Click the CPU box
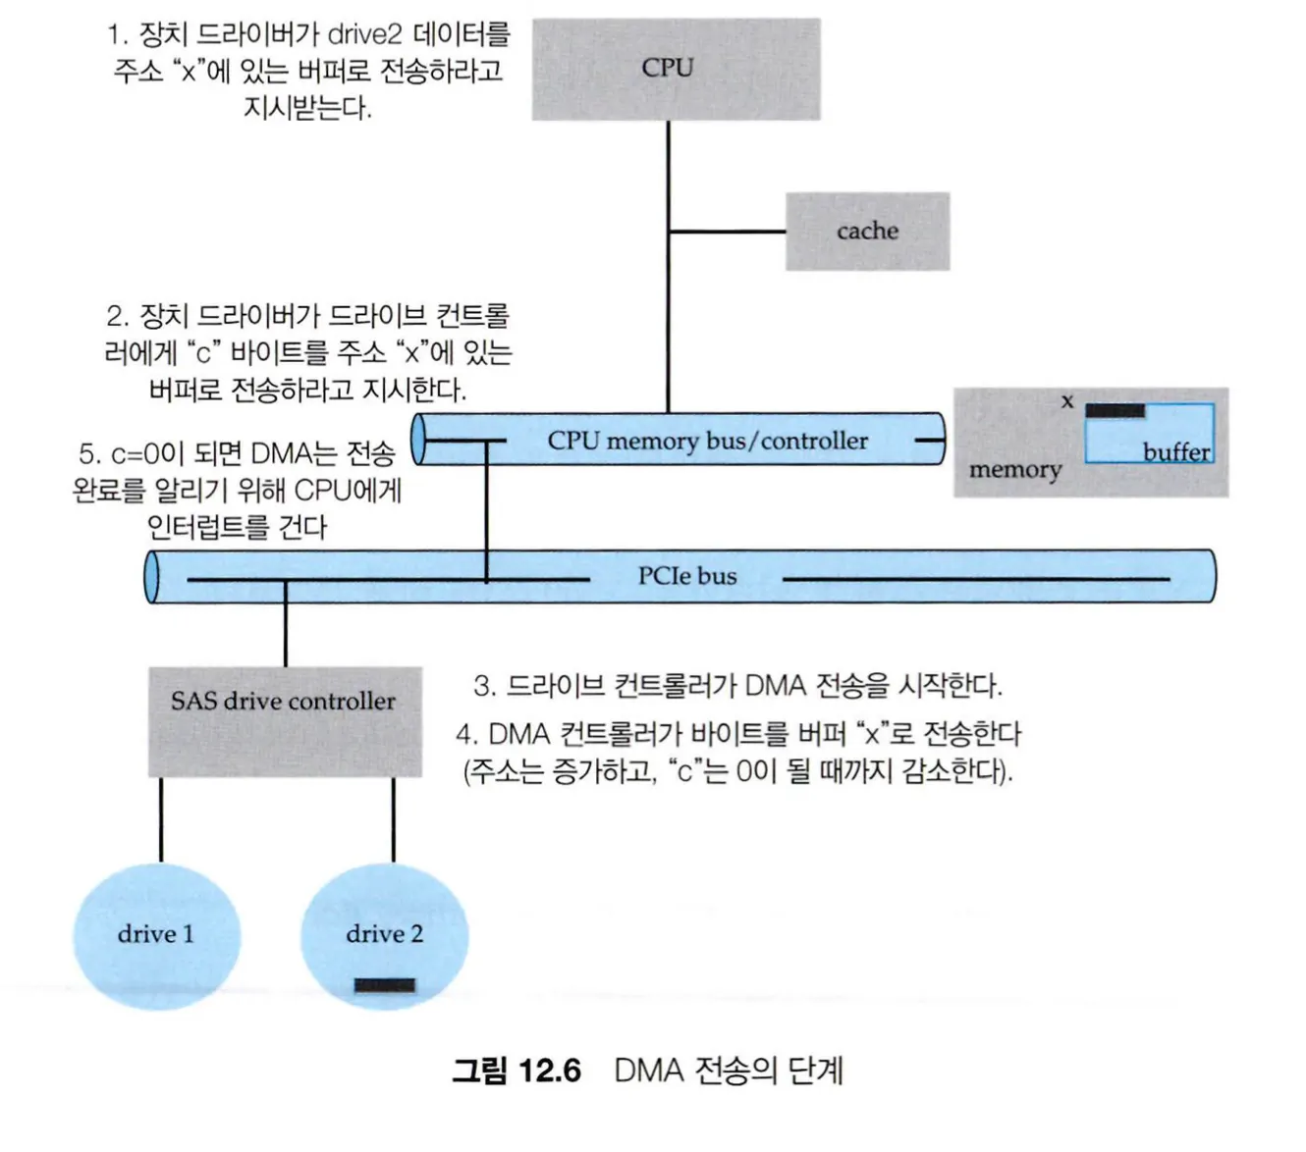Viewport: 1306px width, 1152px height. (676, 69)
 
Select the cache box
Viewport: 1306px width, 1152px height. (867, 232)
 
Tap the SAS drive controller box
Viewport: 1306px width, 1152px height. (285, 721)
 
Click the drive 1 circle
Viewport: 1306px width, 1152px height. (156, 935)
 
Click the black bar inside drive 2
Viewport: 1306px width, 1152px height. (384, 985)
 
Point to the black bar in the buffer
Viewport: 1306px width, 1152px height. (1115, 410)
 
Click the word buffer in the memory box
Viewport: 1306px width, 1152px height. (1175, 452)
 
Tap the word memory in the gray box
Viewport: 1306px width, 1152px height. (1015, 470)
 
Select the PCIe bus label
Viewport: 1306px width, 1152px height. (686, 576)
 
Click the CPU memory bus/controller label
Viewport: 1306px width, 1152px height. (707, 441)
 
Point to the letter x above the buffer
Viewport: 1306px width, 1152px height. (1067, 400)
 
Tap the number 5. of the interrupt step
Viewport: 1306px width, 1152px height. (89, 453)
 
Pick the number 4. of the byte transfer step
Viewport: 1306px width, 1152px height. (466, 734)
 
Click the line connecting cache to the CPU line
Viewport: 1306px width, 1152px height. (727, 232)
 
